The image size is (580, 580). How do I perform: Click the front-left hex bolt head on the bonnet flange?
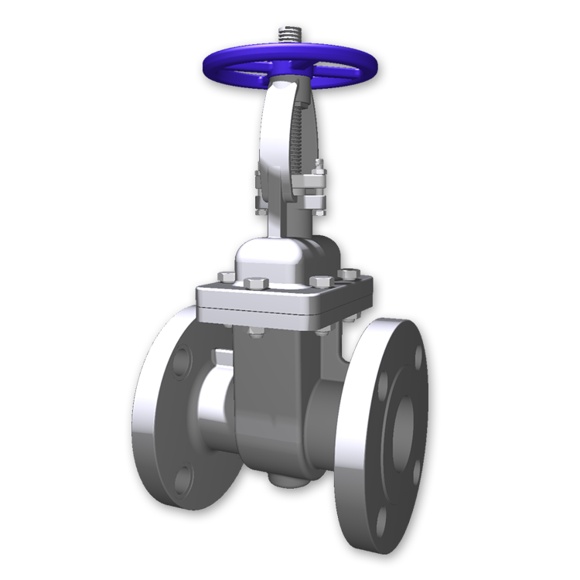pyautogui.click(x=258, y=282)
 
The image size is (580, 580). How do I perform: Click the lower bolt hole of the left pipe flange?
pyautogui.click(x=183, y=480)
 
